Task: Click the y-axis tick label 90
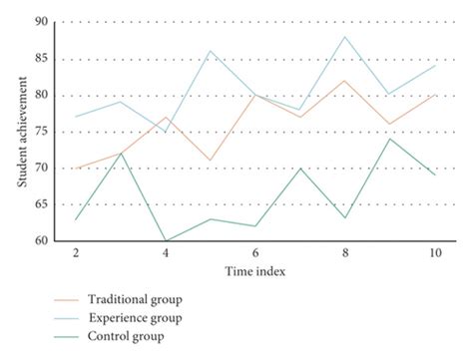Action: point(39,22)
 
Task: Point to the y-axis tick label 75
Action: point(39,132)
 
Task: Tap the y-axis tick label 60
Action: point(39,240)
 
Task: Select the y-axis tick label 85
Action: point(39,59)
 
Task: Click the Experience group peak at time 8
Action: point(344,37)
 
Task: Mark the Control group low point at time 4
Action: point(166,240)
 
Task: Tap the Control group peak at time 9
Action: point(389,139)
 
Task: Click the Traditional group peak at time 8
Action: point(344,81)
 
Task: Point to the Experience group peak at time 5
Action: point(211,51)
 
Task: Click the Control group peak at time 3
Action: point(121,153)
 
